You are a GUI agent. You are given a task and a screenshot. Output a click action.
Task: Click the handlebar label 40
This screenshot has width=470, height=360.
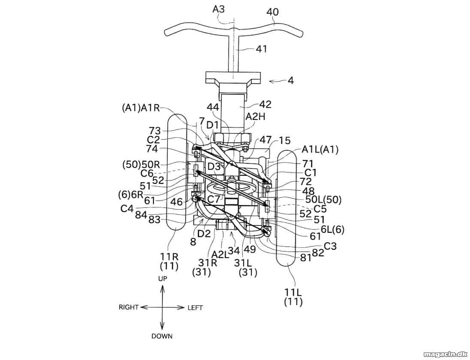point(272,12)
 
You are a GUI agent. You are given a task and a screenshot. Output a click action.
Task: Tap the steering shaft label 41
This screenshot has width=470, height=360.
point(261,49)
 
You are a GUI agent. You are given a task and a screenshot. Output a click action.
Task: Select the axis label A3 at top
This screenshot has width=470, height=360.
point(219,9)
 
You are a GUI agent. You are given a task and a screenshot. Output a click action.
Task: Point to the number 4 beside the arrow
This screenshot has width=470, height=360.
point(290,81)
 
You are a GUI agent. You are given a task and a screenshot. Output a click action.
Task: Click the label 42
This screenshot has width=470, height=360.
point(265,104)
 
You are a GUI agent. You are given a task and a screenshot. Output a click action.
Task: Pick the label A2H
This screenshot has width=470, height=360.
point(256,117)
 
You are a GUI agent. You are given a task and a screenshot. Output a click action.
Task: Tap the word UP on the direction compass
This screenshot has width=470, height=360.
point(163,279)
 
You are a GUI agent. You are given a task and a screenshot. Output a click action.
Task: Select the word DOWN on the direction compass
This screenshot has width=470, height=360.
point(162,336)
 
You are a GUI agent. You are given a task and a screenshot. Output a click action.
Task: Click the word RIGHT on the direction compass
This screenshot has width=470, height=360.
point(129,307)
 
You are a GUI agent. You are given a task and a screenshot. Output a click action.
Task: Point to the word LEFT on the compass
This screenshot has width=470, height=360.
point(195,308)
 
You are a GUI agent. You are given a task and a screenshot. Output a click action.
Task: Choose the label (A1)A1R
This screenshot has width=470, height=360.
point(141,108)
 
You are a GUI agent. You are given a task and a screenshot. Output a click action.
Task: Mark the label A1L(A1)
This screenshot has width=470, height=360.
point(320,149)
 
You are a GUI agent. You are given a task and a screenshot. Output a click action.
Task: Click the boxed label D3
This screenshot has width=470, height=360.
point(214,167)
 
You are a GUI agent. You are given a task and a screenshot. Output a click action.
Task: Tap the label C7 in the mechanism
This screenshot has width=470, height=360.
point(214,199)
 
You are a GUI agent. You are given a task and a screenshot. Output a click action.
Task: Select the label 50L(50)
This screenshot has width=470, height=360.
point(323,199)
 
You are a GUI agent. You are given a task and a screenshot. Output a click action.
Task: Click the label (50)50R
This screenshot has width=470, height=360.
point(142,165)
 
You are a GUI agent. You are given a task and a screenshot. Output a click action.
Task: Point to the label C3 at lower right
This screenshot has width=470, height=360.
point(330,246)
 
